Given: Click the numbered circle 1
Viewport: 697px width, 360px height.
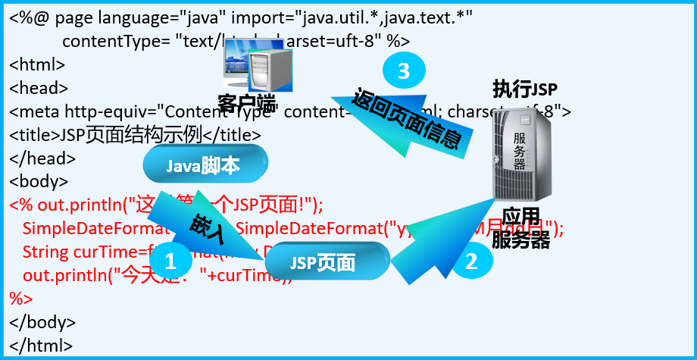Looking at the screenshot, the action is (x=170, y=262).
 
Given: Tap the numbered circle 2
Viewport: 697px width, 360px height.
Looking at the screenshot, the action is (x=471, y=262).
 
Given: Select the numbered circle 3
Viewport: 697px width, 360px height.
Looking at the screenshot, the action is (x=403, y=71).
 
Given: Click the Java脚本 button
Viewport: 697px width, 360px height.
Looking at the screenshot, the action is (x=205, y=164).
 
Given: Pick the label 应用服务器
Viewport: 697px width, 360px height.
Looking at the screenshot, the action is (x=520, y=227).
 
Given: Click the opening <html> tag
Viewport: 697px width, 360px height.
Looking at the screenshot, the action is (x=37, y=65).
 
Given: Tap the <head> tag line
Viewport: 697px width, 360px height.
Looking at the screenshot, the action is (x=39, y=88).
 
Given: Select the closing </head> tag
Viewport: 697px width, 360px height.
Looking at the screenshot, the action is (x=42, y=158).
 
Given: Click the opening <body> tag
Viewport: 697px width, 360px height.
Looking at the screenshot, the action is (x=39, y=182).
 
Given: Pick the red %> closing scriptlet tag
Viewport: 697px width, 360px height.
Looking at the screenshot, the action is (x=21, y=298).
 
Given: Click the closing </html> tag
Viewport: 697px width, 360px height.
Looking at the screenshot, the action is (x=42, y=345).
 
